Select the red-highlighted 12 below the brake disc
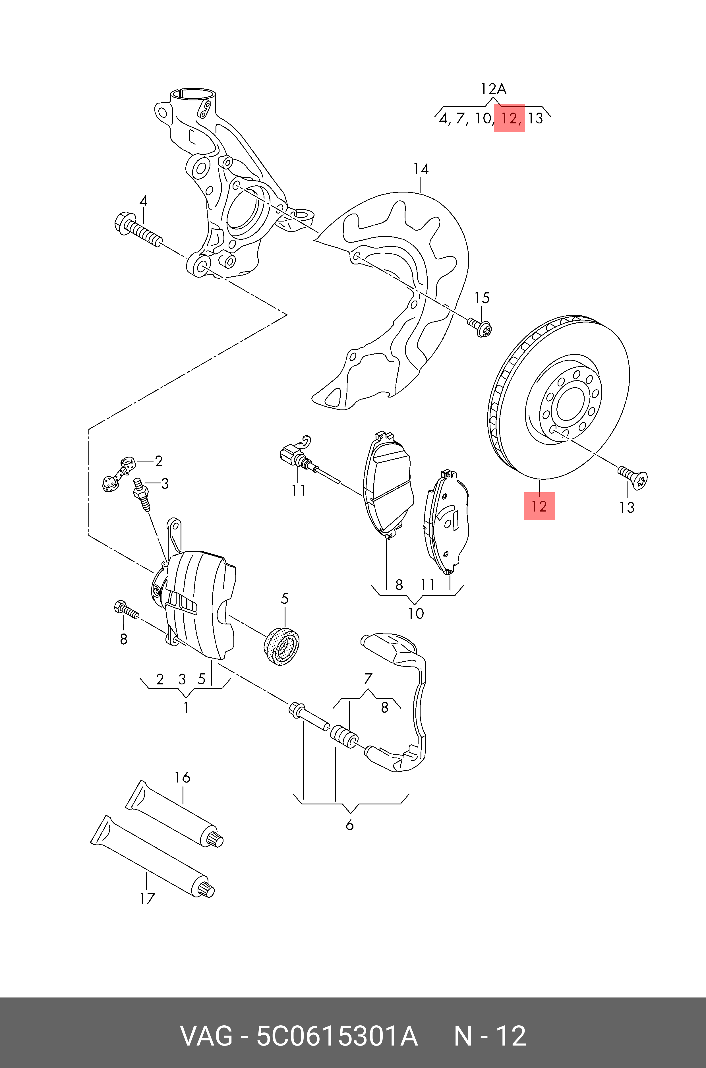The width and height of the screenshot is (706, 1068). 539,506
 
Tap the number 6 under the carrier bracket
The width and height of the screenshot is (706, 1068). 349,825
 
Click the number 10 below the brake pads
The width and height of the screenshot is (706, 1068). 416,613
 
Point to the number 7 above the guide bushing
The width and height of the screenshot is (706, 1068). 368,678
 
